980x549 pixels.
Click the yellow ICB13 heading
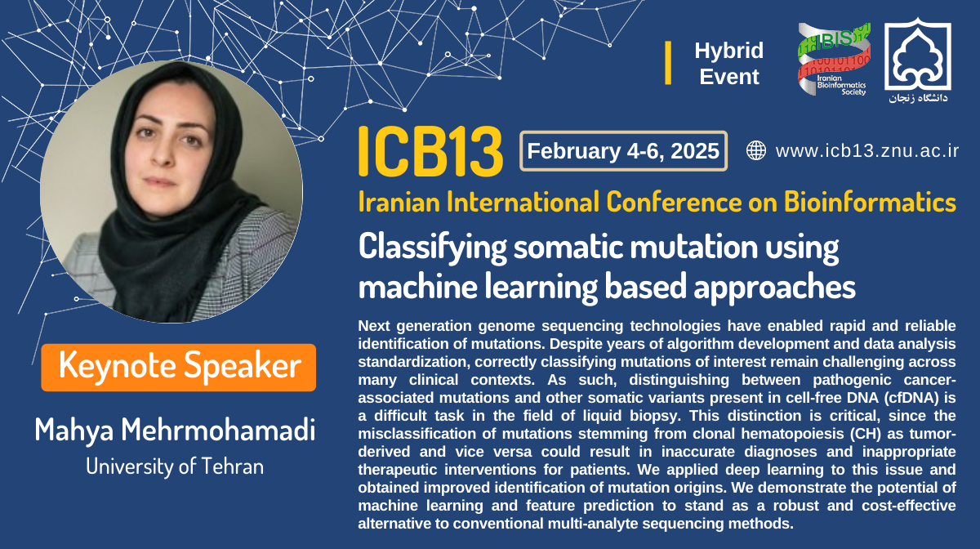[x=430, y=151]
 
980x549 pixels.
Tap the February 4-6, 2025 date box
[x=623, y=151]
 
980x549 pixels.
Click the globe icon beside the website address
[x=756, y=150]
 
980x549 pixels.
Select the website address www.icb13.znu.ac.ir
[x=867, y=151]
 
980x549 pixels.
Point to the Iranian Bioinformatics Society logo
[x=834, y=59]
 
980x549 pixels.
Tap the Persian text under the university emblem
[x=918, y=98]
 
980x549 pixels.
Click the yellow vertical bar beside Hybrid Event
[x=668, y=63]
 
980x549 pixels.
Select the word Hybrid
[x=728, y=51]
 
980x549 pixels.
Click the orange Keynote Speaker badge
[x=179, y=368]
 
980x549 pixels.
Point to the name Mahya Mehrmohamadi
[x=175, y=430]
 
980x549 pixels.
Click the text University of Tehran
[x=175, y=466]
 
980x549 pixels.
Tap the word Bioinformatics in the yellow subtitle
[x=870, y=202]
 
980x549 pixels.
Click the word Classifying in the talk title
[x=432, y=248]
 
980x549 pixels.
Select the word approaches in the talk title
[x=774, y=288]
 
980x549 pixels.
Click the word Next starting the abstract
[x=372, y=326]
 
